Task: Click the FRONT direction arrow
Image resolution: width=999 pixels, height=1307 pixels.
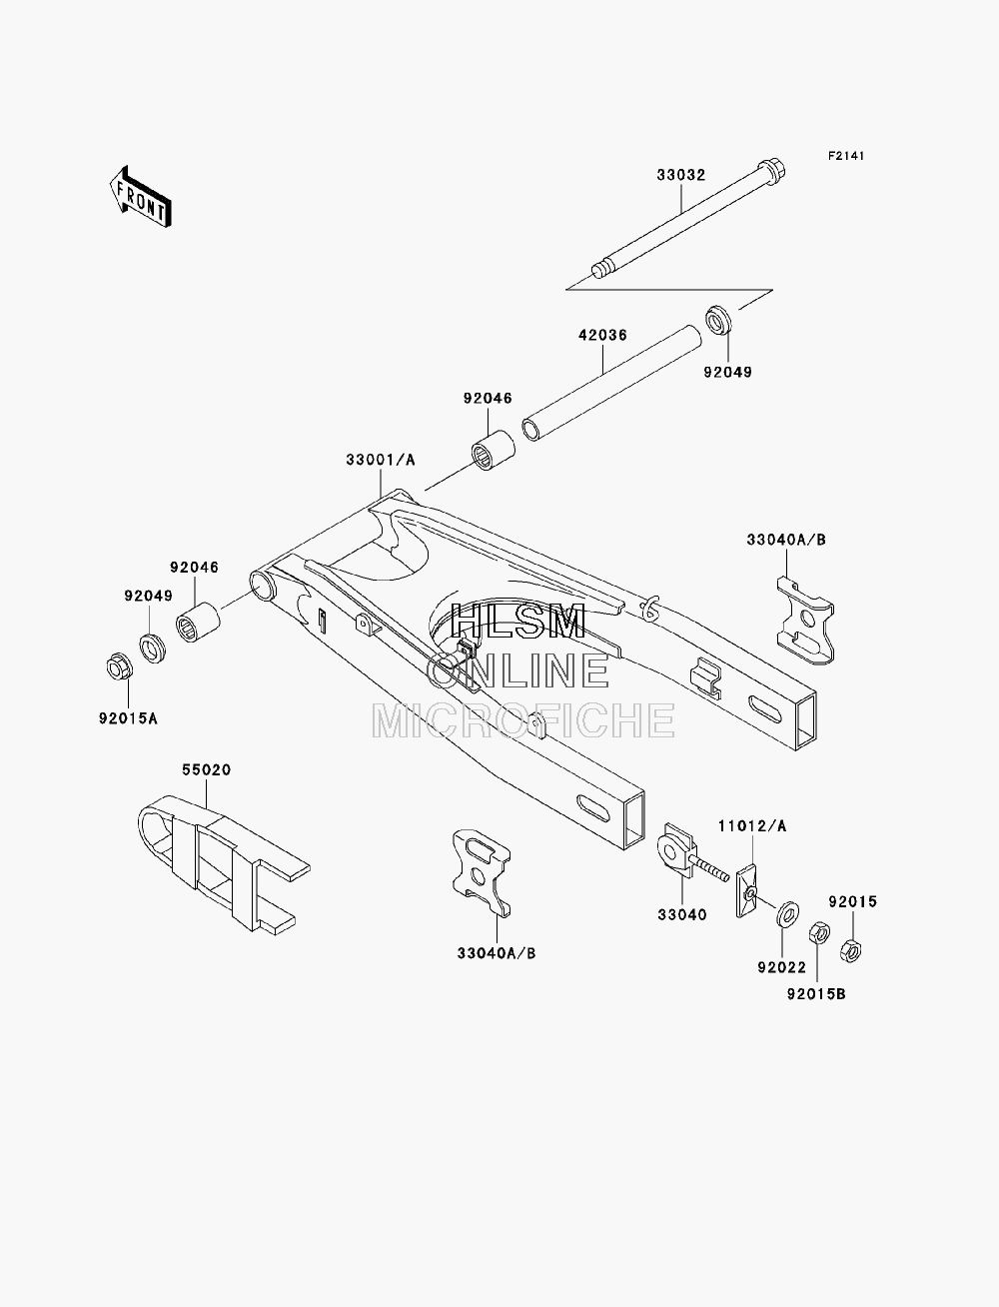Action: (140, 196)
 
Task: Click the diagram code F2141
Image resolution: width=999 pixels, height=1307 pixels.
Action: (845, 156)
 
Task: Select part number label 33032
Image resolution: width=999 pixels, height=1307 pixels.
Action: (681, 175)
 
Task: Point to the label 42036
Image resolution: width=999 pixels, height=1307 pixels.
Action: (603, 335)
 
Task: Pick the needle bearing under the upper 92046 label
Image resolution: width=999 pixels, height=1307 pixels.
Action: (494, 452)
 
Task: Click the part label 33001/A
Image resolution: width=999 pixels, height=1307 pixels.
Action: (381, 460)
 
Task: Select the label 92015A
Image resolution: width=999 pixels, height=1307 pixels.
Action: (128, 718)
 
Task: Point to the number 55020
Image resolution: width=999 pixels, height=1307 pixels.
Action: (206, 769)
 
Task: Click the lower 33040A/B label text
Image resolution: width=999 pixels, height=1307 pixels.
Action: (497, 953)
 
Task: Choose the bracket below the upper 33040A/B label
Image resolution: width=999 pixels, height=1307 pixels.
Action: (805, 620)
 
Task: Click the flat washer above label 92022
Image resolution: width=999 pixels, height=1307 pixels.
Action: (787, 914)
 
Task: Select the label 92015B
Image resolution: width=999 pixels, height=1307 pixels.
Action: (816, 994)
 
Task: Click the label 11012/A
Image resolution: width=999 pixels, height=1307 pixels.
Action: (752, 826)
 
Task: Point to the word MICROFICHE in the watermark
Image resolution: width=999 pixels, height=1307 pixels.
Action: (523, 720)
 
